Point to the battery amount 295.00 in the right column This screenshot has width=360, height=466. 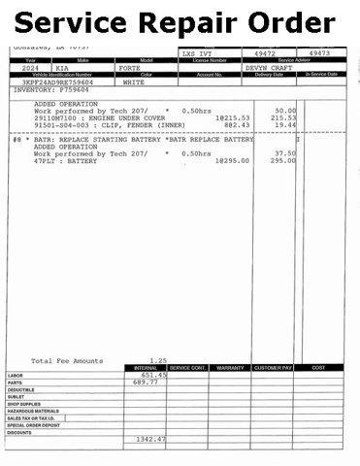point(282,160)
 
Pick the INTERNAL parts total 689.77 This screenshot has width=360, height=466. point(145,383)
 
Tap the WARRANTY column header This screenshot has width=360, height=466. point(231,368)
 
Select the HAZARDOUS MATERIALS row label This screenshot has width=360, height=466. point(34,411)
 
